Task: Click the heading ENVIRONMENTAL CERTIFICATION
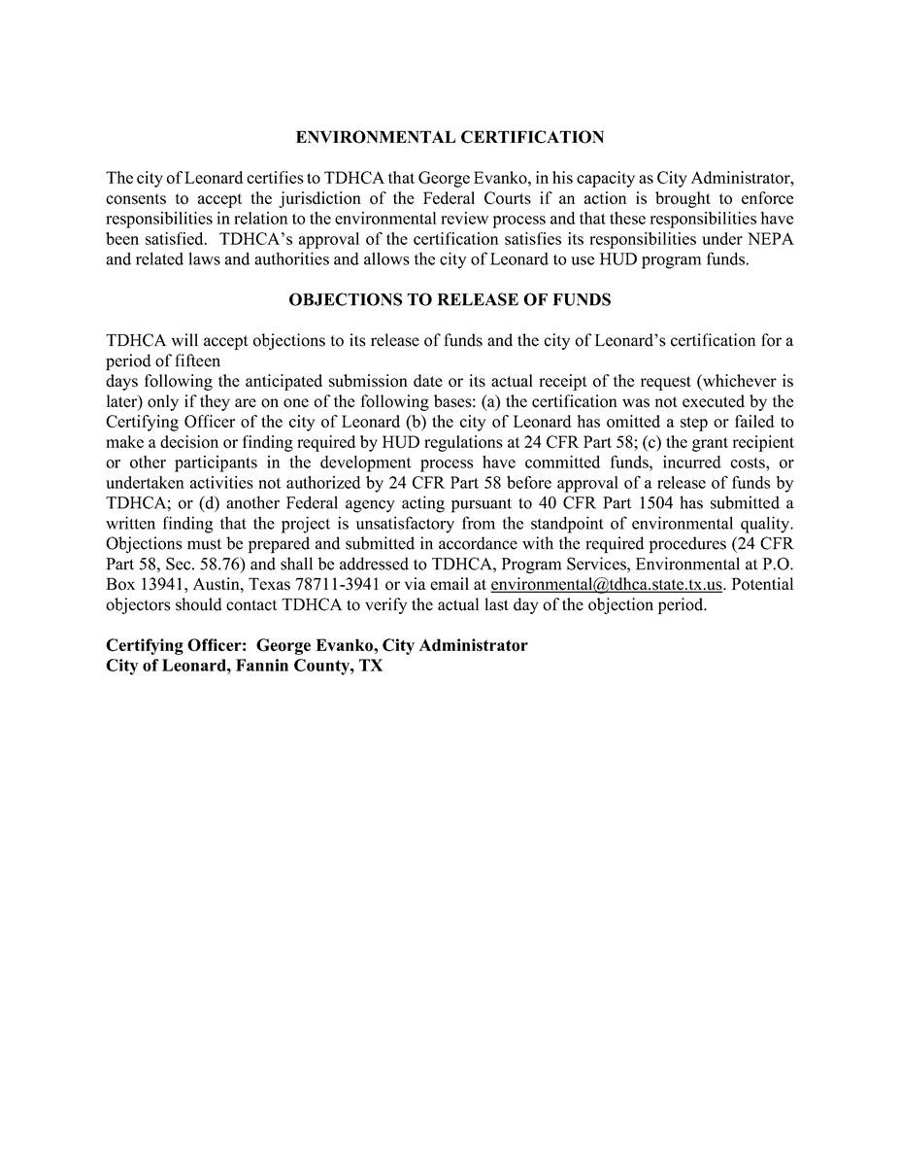[x=450, y=138]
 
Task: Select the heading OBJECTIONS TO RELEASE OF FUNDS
[x=450, y=300]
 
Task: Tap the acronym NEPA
[x=771, y=239]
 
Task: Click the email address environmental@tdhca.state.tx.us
[x=606, y=585]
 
